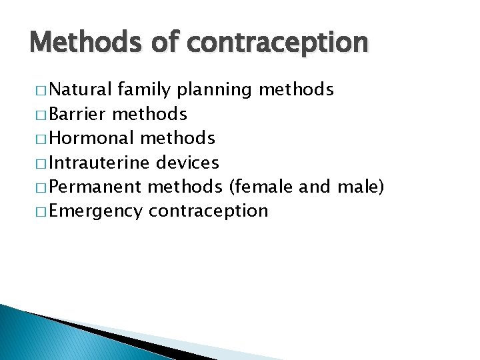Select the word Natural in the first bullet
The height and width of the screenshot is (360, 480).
[81, 90]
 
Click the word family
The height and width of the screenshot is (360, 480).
[143, 90]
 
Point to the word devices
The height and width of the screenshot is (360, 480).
[187, 162]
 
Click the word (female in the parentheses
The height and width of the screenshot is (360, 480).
[261, 187]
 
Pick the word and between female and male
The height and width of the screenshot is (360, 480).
[315, 187]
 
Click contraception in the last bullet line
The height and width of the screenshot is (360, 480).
[208, 211]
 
